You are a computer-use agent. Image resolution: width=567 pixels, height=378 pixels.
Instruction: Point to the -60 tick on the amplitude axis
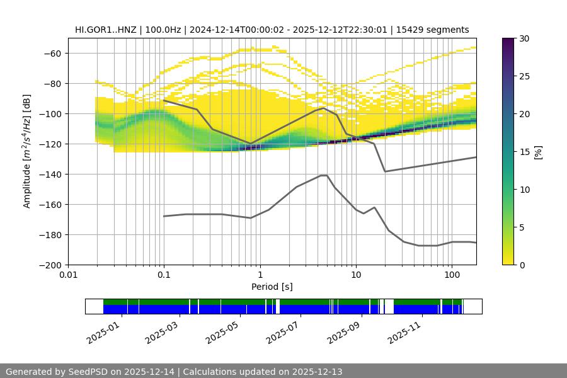tap(52, 53)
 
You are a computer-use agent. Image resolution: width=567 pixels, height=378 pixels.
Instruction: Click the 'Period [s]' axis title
tap(272, 287)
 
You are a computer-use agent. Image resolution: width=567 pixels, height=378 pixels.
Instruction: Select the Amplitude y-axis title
tap(27, 151)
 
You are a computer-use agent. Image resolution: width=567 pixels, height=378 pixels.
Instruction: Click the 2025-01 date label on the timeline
tap(103, 330)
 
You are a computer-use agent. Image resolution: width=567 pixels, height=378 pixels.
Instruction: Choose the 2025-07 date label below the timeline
tap(284, 330)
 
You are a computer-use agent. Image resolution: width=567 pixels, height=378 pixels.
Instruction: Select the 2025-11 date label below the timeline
tap(405, 330)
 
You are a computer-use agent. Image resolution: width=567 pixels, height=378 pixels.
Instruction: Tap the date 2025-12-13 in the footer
tap(317, 372)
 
